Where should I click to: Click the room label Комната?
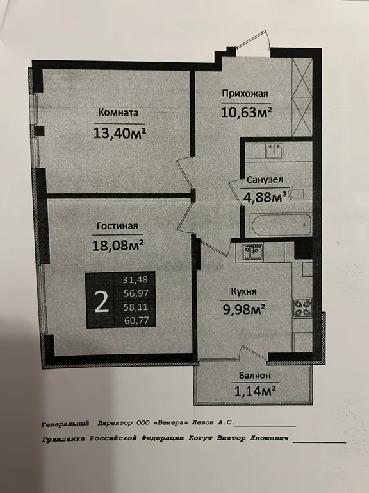pos(119,112)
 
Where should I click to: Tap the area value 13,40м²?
pos(120,134)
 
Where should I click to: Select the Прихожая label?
pos(245,94)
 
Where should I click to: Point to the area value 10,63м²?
pos(246,112)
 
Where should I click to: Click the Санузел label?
pos(265,180)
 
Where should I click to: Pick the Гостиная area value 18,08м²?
pos(118,245)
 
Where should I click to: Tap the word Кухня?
pos(244,291)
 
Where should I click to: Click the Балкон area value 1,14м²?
pos(255,391)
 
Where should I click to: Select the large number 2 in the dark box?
pos(102,300)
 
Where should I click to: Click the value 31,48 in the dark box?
pos(136,279)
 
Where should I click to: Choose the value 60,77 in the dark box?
pos(136,321)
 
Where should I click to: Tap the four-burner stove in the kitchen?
pos(302,308)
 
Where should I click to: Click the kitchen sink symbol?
pos(252,252)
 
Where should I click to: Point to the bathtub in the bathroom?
pos(281,225)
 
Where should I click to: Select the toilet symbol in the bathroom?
pos(300,194)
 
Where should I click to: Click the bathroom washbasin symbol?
pos(274,151)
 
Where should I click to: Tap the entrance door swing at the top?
pos(253,40)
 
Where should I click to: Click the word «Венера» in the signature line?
pos(171,423)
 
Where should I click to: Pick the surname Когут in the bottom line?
pos(201,438)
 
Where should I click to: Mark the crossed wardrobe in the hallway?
pos(302,97)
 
